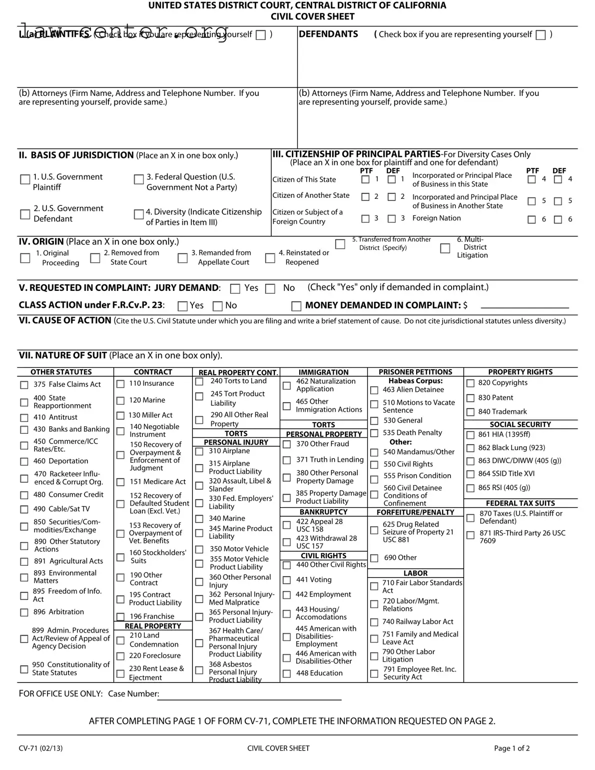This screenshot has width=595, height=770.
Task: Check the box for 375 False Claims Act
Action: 24,385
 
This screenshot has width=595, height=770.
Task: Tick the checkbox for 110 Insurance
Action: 120,384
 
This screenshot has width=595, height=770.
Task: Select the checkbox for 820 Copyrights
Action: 470,383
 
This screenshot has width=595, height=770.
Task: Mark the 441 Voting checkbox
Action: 287,580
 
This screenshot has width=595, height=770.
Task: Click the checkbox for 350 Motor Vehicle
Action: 199,549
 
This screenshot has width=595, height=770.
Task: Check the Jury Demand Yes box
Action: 235,289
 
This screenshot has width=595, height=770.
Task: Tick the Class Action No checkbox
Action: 218,306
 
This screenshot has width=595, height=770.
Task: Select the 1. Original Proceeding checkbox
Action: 25,258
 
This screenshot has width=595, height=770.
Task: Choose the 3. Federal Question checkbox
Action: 139,179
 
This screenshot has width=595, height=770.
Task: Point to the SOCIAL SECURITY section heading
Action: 520,424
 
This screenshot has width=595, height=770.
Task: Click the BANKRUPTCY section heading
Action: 323,512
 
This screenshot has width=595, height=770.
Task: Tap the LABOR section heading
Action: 415,573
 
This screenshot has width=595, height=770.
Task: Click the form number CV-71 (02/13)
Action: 41,748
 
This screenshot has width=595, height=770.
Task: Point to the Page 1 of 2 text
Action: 512,748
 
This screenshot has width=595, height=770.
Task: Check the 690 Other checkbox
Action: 374,558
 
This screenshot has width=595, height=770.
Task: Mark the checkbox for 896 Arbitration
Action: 24,613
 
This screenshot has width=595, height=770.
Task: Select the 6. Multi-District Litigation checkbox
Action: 445,248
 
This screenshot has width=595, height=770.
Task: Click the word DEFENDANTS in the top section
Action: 328,34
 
